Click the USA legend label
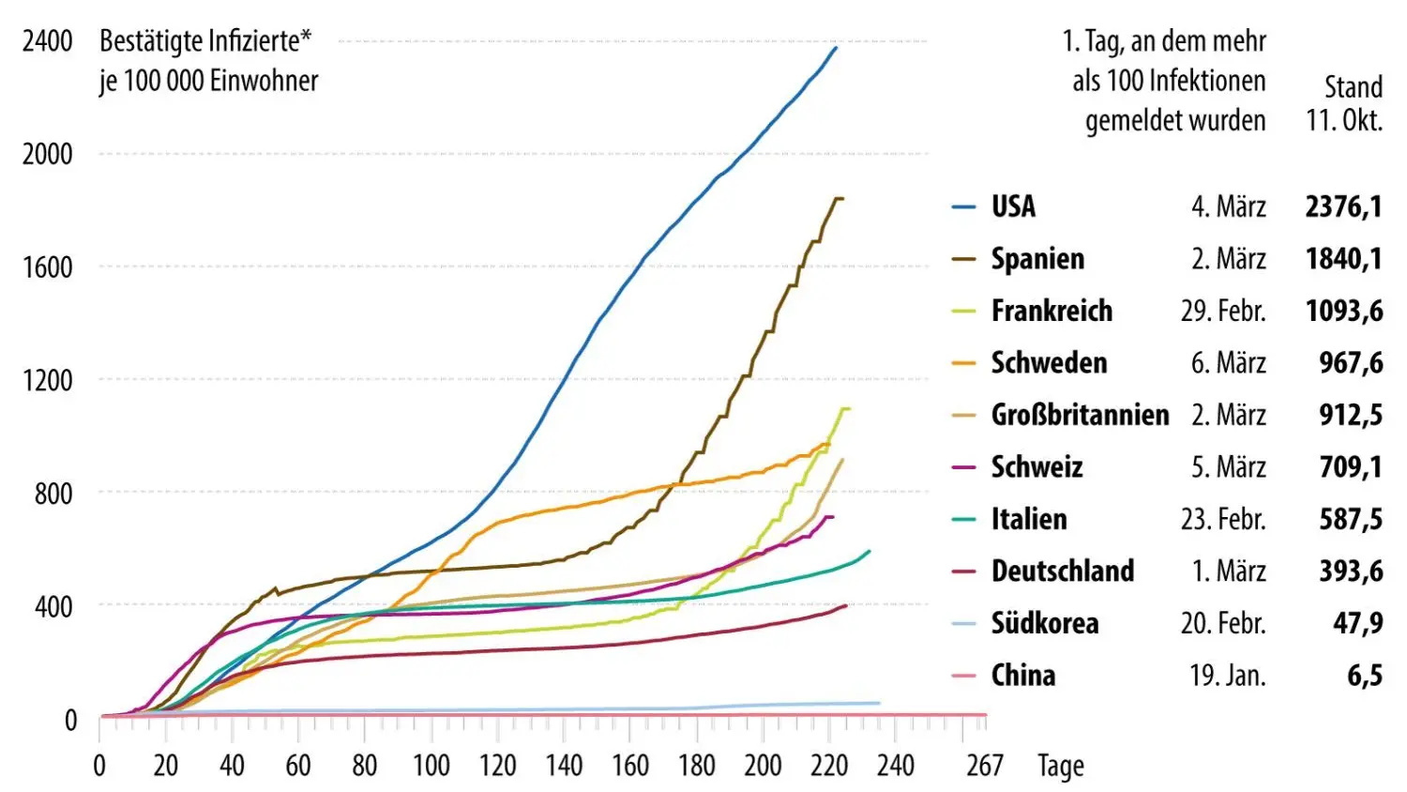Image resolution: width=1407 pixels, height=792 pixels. click(1013, 206)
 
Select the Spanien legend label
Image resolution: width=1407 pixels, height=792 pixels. click(1037, 259)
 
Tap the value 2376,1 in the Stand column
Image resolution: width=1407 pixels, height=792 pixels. click(1343, 206)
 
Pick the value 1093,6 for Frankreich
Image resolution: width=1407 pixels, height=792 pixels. click(1343, 311)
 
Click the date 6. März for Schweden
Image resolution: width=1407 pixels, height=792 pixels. click(1228, 363)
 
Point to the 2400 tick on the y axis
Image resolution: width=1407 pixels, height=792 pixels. click(48, 41)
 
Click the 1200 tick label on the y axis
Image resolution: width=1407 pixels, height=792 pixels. click(48, 380)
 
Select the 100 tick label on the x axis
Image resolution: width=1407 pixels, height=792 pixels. click(431, 766)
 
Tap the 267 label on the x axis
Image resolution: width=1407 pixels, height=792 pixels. click(985, 766)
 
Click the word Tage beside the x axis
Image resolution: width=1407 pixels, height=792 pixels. click(1061, 766)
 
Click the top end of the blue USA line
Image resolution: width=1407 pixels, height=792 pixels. click(835, 48)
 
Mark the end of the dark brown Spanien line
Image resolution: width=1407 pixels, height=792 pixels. click(841, 199)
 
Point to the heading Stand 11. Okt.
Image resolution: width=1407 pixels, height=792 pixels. click(1344, 103)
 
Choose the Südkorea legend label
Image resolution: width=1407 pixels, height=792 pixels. click(1045, 623)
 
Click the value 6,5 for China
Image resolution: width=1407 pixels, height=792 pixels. click(1365, 676)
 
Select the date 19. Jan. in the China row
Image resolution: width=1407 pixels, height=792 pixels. click(1228, 676)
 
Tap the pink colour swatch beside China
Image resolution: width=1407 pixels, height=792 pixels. click(964, 676)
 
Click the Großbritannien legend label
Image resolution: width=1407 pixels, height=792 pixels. click(1080, 415)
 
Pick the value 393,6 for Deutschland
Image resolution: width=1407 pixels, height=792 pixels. click(1351, 571)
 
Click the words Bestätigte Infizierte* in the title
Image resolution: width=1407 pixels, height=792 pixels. click(205, 41)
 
